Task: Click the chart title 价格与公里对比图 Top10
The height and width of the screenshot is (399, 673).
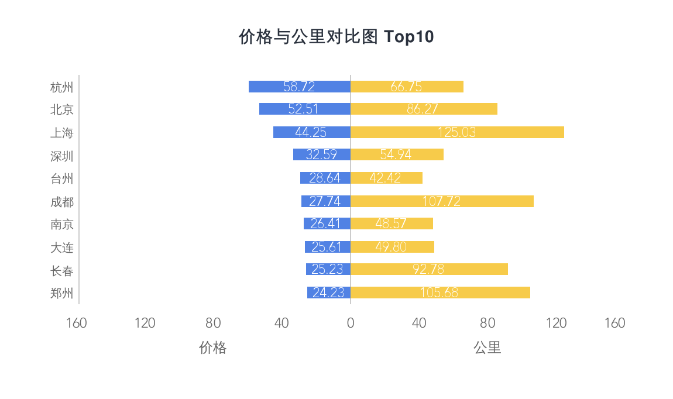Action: pyautogui.click(x=336, y=37)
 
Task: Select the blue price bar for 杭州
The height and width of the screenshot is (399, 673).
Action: pyautogui.click(x=299, y=87)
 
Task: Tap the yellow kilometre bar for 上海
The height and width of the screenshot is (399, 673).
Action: pyautogui.click(x=457, y=132)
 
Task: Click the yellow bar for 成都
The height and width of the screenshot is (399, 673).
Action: pyautogui.click(x=442, y=201)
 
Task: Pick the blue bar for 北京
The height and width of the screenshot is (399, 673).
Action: pyautogui.click(x=304, y=109)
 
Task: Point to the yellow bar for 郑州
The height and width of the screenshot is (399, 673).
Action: pyautogui.click(x=440, y=293)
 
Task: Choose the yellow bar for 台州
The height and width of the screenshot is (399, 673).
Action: pyautogui.click(x=386, y=178)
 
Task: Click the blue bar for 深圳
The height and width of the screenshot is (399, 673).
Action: pyautogui.click(x=321, y=154)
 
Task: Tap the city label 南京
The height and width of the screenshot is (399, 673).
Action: pyautogui.click(x=62, y=224)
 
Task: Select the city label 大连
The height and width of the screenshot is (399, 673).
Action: pyautogui.click(x=62, y=247)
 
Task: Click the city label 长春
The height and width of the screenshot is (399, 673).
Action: pyautogui.click(x=62, y=271)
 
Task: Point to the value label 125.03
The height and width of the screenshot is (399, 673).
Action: pyautogui.click(x=456, y=132)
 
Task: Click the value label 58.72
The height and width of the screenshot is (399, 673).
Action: pyautogui.click(x=299, y=87)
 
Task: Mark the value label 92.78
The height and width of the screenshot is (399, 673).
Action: pyautogui.click(x=428, y=270)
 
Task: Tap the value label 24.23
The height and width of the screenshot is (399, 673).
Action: pyautogui.click(x=328, y=293)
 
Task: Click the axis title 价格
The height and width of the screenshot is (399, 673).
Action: pyautogui.click(x=212, y=348)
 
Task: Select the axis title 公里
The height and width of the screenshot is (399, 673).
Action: pyautogui.click(x=487, y=348)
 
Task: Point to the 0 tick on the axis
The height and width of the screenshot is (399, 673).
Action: pyautogui.click(x=351, y=323)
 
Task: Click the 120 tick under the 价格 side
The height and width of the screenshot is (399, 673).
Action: pyautogui.click(x=145, y=323)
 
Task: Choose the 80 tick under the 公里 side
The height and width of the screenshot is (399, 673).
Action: pyautogui.click(x=487, y=323)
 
